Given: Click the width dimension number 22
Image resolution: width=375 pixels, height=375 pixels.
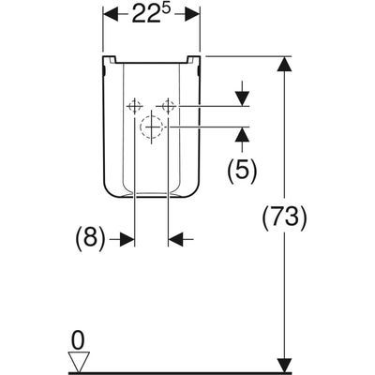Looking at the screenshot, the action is [146, 14].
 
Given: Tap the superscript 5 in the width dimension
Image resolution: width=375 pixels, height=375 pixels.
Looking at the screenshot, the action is [167, 8].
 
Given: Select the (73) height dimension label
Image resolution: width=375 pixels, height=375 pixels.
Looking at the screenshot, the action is [284, 217].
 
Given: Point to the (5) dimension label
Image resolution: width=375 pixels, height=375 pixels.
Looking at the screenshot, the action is [242, 170].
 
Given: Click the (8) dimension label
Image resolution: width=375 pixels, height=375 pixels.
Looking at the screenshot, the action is [90, 239].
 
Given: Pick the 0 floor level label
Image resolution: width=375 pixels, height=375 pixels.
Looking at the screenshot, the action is [78, 341].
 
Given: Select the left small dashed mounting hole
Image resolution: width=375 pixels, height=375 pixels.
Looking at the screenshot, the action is [134, 106].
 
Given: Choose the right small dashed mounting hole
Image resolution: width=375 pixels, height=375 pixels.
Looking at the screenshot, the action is [168, 106].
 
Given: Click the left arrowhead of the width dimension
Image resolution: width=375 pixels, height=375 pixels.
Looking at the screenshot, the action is [111, 14].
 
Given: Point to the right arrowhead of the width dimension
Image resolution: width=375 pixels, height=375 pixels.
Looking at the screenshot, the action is [192, 14].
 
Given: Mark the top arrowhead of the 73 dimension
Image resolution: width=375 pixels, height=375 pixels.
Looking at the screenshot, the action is [284, 65].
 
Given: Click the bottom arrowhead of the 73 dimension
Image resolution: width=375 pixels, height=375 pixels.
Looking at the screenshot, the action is [284, 365].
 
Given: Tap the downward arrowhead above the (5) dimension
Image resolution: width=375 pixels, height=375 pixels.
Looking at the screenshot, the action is [242, 98].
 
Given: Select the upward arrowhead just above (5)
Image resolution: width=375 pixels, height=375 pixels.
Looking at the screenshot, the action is [242, 135].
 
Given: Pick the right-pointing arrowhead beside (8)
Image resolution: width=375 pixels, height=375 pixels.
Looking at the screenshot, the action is [127, 239].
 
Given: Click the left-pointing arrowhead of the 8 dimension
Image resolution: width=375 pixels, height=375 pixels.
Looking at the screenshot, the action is [176, 239].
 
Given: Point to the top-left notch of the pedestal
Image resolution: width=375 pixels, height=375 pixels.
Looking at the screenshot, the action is [110, 59].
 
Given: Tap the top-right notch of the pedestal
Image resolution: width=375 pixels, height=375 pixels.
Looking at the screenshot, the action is [193, 59].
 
